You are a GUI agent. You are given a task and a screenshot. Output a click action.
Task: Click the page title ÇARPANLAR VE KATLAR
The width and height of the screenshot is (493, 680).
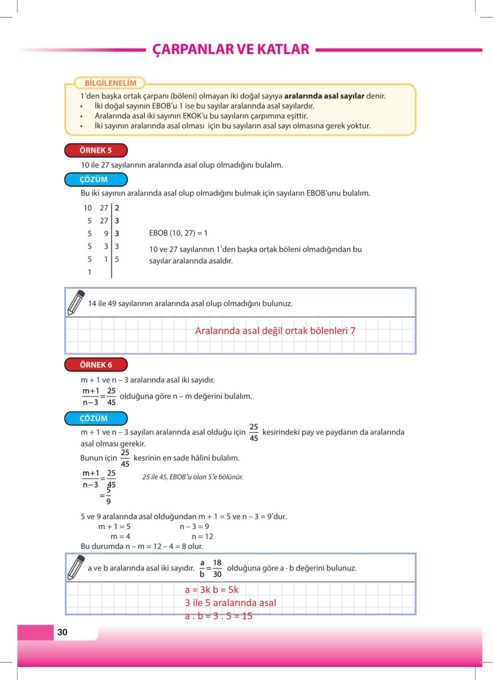point(231,49)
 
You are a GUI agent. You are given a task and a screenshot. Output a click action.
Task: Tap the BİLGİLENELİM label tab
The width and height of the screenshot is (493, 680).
point(110,83)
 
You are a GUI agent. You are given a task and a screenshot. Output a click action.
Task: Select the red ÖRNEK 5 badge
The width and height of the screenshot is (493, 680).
point(96,151)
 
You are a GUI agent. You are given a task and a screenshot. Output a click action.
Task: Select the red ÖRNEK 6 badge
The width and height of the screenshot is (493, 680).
point(96,365)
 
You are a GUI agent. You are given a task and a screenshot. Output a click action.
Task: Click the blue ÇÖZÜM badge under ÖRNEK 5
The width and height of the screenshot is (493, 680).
point(96,179)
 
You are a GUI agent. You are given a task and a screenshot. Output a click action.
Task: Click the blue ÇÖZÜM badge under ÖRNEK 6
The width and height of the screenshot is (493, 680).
point(96,418)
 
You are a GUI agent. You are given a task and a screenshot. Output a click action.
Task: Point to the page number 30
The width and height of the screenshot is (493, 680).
point(62,632)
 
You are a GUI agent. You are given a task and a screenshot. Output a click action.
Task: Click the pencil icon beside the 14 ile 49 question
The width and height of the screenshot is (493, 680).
point(76,303)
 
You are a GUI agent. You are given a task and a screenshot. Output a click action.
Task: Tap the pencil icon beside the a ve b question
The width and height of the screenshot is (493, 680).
point(76,568)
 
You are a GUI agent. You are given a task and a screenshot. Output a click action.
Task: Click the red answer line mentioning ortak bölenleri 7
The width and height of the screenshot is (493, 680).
point(275,331)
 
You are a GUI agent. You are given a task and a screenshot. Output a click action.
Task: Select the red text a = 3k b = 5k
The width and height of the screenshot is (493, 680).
point(212,590)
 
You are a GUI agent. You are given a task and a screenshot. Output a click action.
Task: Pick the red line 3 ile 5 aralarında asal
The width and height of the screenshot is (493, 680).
point(230,603)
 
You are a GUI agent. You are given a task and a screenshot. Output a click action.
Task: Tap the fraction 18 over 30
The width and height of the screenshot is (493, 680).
point(217,568)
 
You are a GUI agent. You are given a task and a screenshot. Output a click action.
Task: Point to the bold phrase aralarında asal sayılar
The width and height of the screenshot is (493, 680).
point(324,96)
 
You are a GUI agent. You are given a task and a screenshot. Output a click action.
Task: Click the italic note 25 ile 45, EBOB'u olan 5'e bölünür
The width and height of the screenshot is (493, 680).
point(193,477)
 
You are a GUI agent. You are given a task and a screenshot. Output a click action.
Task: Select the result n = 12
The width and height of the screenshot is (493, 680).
point(202,536)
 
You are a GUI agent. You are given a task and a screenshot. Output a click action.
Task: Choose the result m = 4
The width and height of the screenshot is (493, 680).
point(120,536)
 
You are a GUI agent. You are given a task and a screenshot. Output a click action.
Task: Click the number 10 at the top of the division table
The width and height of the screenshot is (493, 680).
point(88,208)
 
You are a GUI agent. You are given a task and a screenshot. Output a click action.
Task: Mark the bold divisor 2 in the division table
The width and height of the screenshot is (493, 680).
point(117,208)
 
